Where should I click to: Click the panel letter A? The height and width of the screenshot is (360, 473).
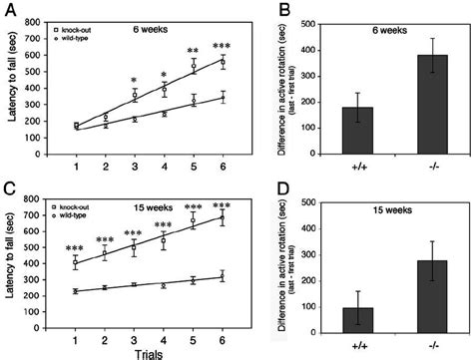(x=8, y=9)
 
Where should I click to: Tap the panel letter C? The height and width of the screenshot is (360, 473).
(x=8, y=186)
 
